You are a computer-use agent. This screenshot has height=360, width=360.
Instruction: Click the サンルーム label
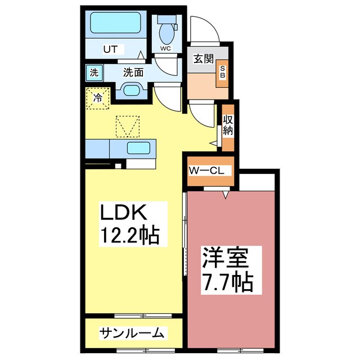(132, 333)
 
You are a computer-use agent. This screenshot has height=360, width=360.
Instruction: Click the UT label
(110, 49)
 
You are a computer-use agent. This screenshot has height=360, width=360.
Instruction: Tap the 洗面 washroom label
(133, 72)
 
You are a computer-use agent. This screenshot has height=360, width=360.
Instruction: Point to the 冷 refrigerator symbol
(97, 98)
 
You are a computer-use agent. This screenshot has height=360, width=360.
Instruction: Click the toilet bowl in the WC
(167, 32)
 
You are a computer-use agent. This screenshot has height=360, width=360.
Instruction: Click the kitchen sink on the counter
(138, 148)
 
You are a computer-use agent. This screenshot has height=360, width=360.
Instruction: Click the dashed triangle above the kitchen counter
(127, 125)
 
